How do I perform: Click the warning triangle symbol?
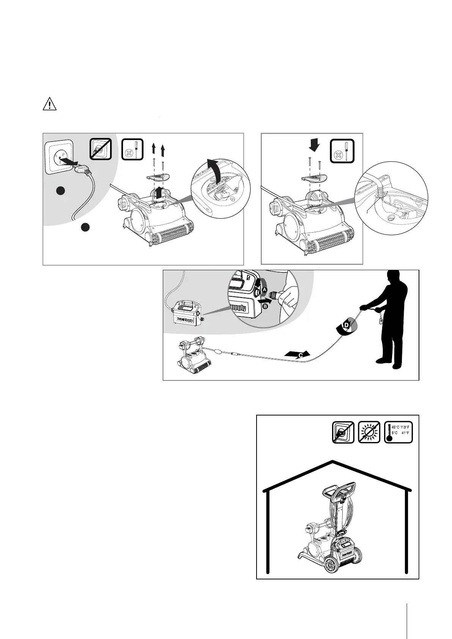pyautogui.click(x=49, y=104)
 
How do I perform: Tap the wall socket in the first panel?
pyautogui.click(x=59, y=157)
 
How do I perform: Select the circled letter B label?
pyautogui.click(x=265, y=305)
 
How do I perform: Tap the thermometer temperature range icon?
pyautogui.click(x=398, y=432)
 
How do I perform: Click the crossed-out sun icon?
pyautogui.click(x=369, y=432)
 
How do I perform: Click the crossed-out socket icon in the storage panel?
pyautogui.click(x=343, y=432)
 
